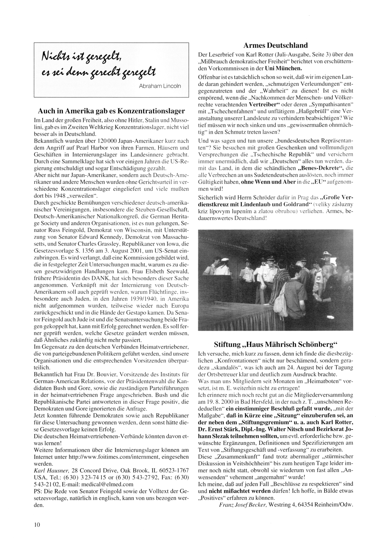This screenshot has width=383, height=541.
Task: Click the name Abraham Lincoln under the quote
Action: point(160,86)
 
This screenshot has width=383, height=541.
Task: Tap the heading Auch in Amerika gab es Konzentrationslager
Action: point(111,111)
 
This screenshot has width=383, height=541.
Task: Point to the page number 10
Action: point(37,525)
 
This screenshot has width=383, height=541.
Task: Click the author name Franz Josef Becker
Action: point(243,505)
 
